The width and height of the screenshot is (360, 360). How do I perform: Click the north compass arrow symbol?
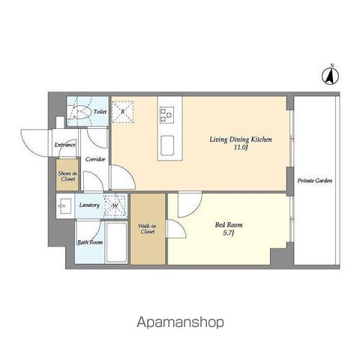coord(330,75)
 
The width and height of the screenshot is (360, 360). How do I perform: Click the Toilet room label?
coord(100,112)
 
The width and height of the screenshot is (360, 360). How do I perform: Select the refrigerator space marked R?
coord(122,112)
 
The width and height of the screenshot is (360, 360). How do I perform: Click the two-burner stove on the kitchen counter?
coord(166,115)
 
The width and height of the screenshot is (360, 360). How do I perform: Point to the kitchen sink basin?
coord(167,145)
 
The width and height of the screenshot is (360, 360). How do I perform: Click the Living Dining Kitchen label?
coord(241,139)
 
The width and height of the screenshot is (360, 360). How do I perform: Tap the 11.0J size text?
coord(241,148)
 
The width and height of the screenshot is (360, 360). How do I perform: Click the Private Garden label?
coord(315,181)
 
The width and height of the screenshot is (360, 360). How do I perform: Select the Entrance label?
coord(65,145)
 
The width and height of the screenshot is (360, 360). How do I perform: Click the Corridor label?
coord(95,159)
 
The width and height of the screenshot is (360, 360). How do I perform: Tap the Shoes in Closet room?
coord(67,175)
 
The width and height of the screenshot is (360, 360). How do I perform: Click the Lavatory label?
coord(89,205)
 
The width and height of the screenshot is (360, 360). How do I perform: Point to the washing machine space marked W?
coord(115,205)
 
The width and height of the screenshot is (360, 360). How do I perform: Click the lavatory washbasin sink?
coord(65,206)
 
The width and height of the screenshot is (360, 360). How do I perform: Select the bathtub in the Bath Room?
coord(116,242)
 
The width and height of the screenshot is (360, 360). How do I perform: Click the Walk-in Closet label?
coord(148,229)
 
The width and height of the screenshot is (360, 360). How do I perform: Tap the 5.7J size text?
coord(229,233)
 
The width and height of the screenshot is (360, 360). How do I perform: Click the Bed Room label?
coord(229,225)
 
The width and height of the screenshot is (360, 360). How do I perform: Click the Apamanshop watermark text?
coord(180,322)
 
